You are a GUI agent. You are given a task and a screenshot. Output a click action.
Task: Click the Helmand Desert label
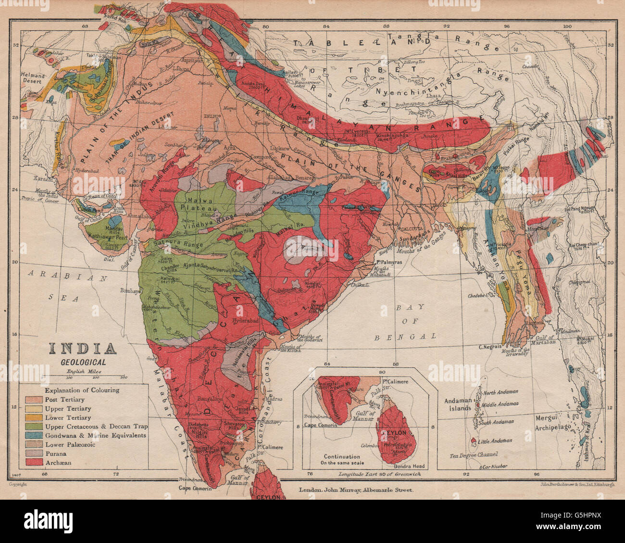33,78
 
